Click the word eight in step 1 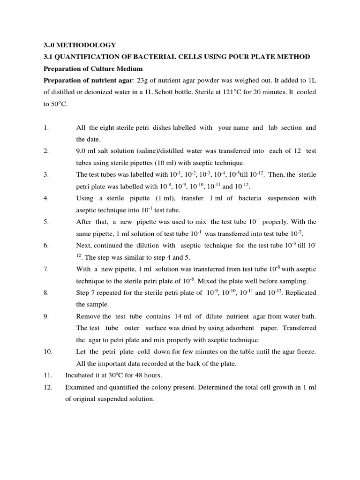coord(106,127)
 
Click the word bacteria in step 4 coord(251,198)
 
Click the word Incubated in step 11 coord(81,375)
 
